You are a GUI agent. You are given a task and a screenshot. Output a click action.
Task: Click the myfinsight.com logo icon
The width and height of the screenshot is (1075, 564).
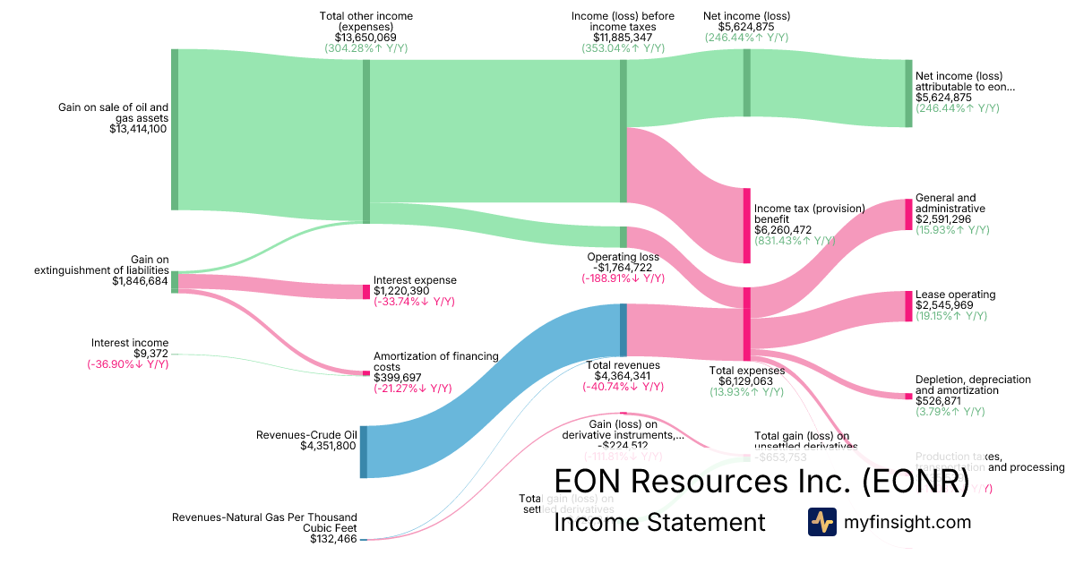click(x=821, y=521)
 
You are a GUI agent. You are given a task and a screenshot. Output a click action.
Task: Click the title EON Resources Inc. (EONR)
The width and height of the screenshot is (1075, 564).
click(x=761, y=482)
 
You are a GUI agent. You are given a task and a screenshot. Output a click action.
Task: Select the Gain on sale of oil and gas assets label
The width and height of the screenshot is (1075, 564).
click(x=114, y=112)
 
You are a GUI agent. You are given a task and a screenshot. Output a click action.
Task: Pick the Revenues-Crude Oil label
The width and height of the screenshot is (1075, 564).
click(x=306, y=435)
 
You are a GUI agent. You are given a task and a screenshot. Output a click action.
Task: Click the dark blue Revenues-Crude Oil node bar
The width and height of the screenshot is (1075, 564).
click(x=364, y=451)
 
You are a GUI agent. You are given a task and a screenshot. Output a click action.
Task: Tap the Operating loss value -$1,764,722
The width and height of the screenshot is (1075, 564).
click(x=622, y=267)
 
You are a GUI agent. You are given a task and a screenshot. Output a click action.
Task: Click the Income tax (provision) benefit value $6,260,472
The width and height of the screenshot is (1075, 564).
click(x=783, y=230)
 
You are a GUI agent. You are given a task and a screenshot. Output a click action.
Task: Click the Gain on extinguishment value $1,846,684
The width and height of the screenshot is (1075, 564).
click(x=140, y=281)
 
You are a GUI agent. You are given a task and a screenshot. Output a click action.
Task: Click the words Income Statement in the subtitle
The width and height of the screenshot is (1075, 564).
click(x=660, y=522)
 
